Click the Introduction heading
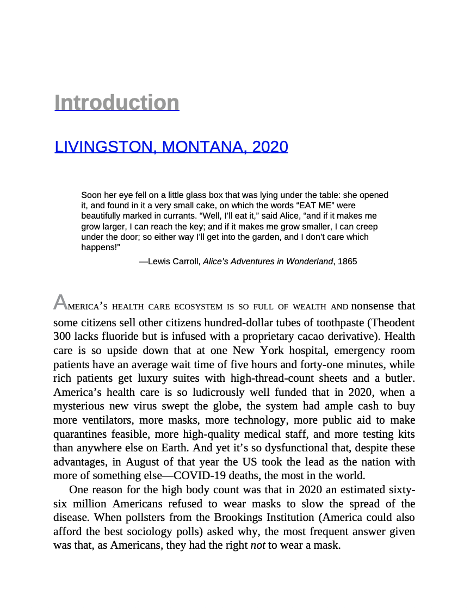click(x=117, y=103)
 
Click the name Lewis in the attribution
click(x=159, y=262)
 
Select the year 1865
click(x=347, y=262)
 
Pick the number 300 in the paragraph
click(x=62, y=336)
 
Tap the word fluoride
click(x=119, y=336)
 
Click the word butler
click(x=400, y=379)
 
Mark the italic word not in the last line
click(x=257, y=545)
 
